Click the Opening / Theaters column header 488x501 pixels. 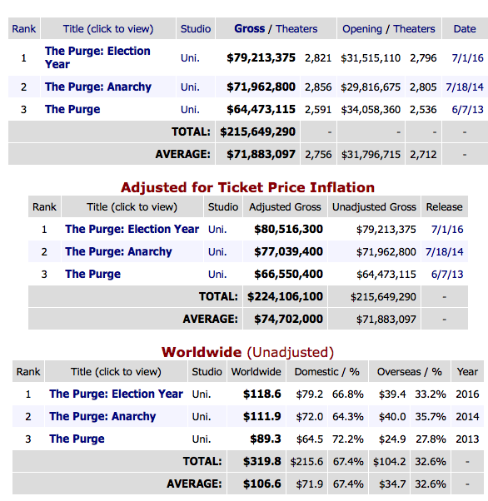[389, 29]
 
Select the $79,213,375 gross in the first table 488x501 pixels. [261, 57]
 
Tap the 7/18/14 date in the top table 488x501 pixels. [465, 87]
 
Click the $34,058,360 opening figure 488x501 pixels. [371, 110]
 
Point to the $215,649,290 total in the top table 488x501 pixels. [258, 131]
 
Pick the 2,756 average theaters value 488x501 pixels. [318, 155]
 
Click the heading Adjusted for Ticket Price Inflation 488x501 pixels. [247, 187]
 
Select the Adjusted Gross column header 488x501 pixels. [285, 207]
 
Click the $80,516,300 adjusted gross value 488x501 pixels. [288, 229]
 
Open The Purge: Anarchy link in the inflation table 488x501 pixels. [118, 252]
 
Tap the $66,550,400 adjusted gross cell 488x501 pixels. [288, 274]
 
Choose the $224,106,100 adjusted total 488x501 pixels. [285, 296]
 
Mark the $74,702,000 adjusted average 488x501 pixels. [288, 319]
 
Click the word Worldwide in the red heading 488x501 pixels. [202, 352]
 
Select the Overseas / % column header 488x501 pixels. [410, 372]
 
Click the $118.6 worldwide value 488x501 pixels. [262, 394]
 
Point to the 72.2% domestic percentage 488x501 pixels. [347, 439]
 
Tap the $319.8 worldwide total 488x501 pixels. [262, 461]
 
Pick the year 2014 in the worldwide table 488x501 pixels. [467, 417]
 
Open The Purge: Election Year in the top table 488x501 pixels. [97, 57]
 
